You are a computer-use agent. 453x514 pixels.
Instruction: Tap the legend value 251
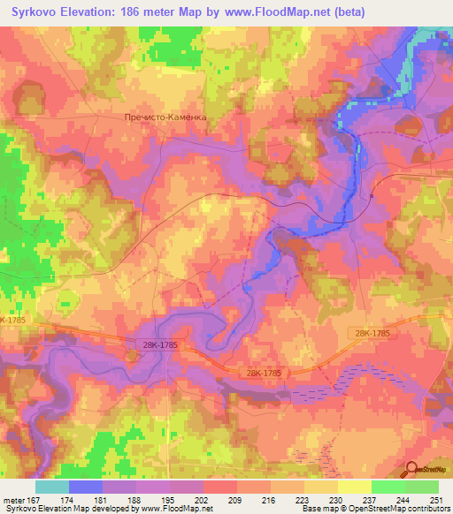(x=429, y=500)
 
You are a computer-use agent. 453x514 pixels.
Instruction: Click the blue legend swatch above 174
(x=86, y=487)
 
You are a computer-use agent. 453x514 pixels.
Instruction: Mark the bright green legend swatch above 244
(x=388, y=487)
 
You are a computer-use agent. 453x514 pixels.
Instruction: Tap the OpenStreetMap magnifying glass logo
(x=412, y=471)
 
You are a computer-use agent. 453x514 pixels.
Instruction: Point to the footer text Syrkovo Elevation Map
(x=49, y=510)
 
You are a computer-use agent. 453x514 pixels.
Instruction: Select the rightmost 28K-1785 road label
(x=369, y=333)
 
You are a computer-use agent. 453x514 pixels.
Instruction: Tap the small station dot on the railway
(x=372, y=196)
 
